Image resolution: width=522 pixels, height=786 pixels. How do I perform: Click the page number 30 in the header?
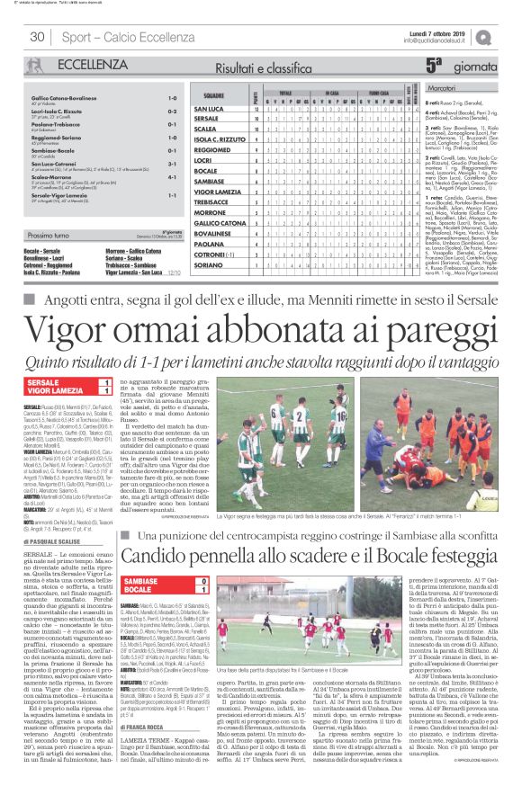pyautogui.click(x=38, y=37)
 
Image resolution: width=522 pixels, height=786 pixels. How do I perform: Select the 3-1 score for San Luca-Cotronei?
pyautogui.click(x=171, y=165)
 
